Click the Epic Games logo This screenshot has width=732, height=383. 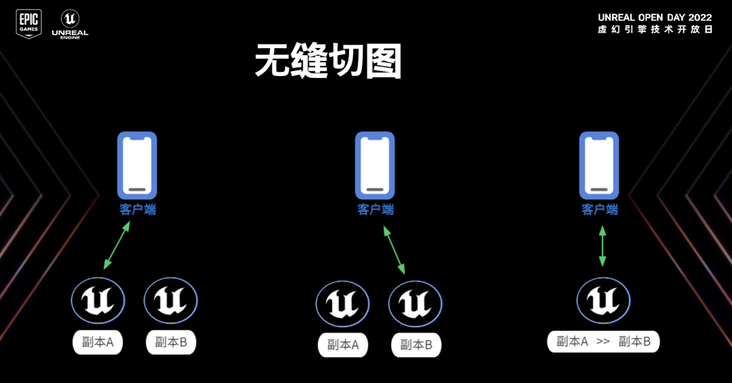(x=28, y=24)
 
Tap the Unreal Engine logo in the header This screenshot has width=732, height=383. (x=70, y=24)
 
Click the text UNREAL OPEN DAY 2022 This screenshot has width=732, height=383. (x=655, y=17)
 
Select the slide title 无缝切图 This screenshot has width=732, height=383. (x=329, y=62)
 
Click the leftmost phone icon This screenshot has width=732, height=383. (x=137, y=165)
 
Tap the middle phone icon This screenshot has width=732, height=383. (x=375, y=165)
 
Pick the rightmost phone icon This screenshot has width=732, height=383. (x=599, y=165)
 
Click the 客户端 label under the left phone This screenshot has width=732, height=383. (x=138, y=209)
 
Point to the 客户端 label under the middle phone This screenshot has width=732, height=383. (x=375, y=209)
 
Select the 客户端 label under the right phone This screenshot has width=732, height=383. (x=600, y=209)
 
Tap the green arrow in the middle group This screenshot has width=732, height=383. (x=394, y=249)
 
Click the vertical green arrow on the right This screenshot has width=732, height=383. (x=602, y=246)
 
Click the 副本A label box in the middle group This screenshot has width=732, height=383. (x=342, y=345)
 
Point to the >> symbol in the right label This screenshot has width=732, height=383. (x=603, y=342)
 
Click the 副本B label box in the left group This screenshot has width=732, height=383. (x=171, y=342)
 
